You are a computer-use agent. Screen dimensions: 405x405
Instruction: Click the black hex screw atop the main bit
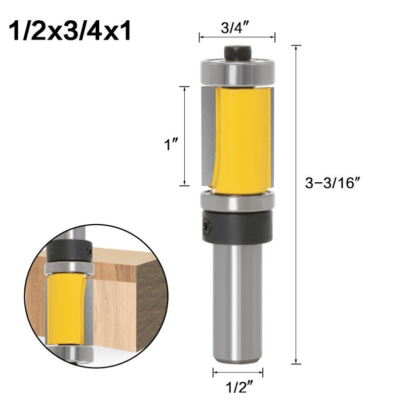tap(237, 52)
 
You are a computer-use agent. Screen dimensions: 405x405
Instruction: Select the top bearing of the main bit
tap(237, 71)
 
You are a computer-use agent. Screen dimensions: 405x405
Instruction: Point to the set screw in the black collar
tap(206, 223)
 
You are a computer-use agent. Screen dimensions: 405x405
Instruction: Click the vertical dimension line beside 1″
tap(186, 136)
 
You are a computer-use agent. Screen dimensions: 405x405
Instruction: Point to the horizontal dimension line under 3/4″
tap(237, 37)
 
